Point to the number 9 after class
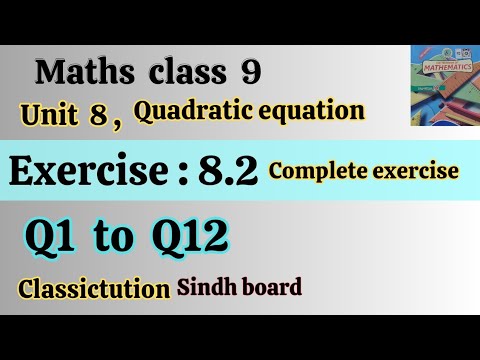pyautogui.click(x=247, y=72)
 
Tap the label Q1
pyautogui.click(x=50, y=238)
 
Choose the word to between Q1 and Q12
pyautogui.click(x=121, y=239)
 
